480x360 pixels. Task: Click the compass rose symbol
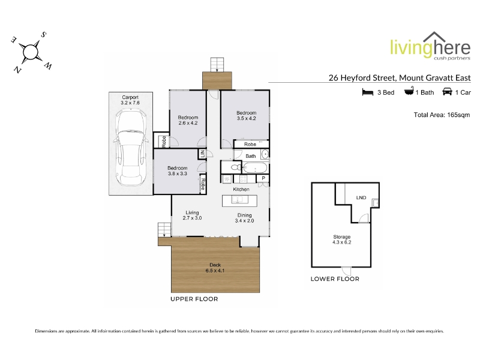click(31, 52)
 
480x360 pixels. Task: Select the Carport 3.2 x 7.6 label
click(130, 100)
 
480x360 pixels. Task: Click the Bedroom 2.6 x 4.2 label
click(188, 120)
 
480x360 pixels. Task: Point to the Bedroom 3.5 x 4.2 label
click(247, 115)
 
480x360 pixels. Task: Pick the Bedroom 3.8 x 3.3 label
click(178, 170)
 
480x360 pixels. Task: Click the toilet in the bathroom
click(235, 167)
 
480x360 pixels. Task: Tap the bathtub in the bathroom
click(254, 168)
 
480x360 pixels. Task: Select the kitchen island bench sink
click(237, 200)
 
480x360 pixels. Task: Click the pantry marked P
click(263, 178)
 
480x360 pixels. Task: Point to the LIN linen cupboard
click(202, 154)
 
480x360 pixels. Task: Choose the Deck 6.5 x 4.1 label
click(215, 268)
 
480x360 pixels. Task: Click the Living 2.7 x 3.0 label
click(192, 215)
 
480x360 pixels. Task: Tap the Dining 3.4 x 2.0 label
click(244, 218)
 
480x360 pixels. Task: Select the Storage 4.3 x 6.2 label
click(342, 239)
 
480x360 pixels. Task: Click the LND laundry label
click(361, 198)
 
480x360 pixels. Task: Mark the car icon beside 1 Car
click(447, 92)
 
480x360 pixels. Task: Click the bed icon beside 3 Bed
click(368, 92)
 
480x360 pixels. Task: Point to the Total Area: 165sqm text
click(442, 115)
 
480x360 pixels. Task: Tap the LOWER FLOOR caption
click(335, 279)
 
